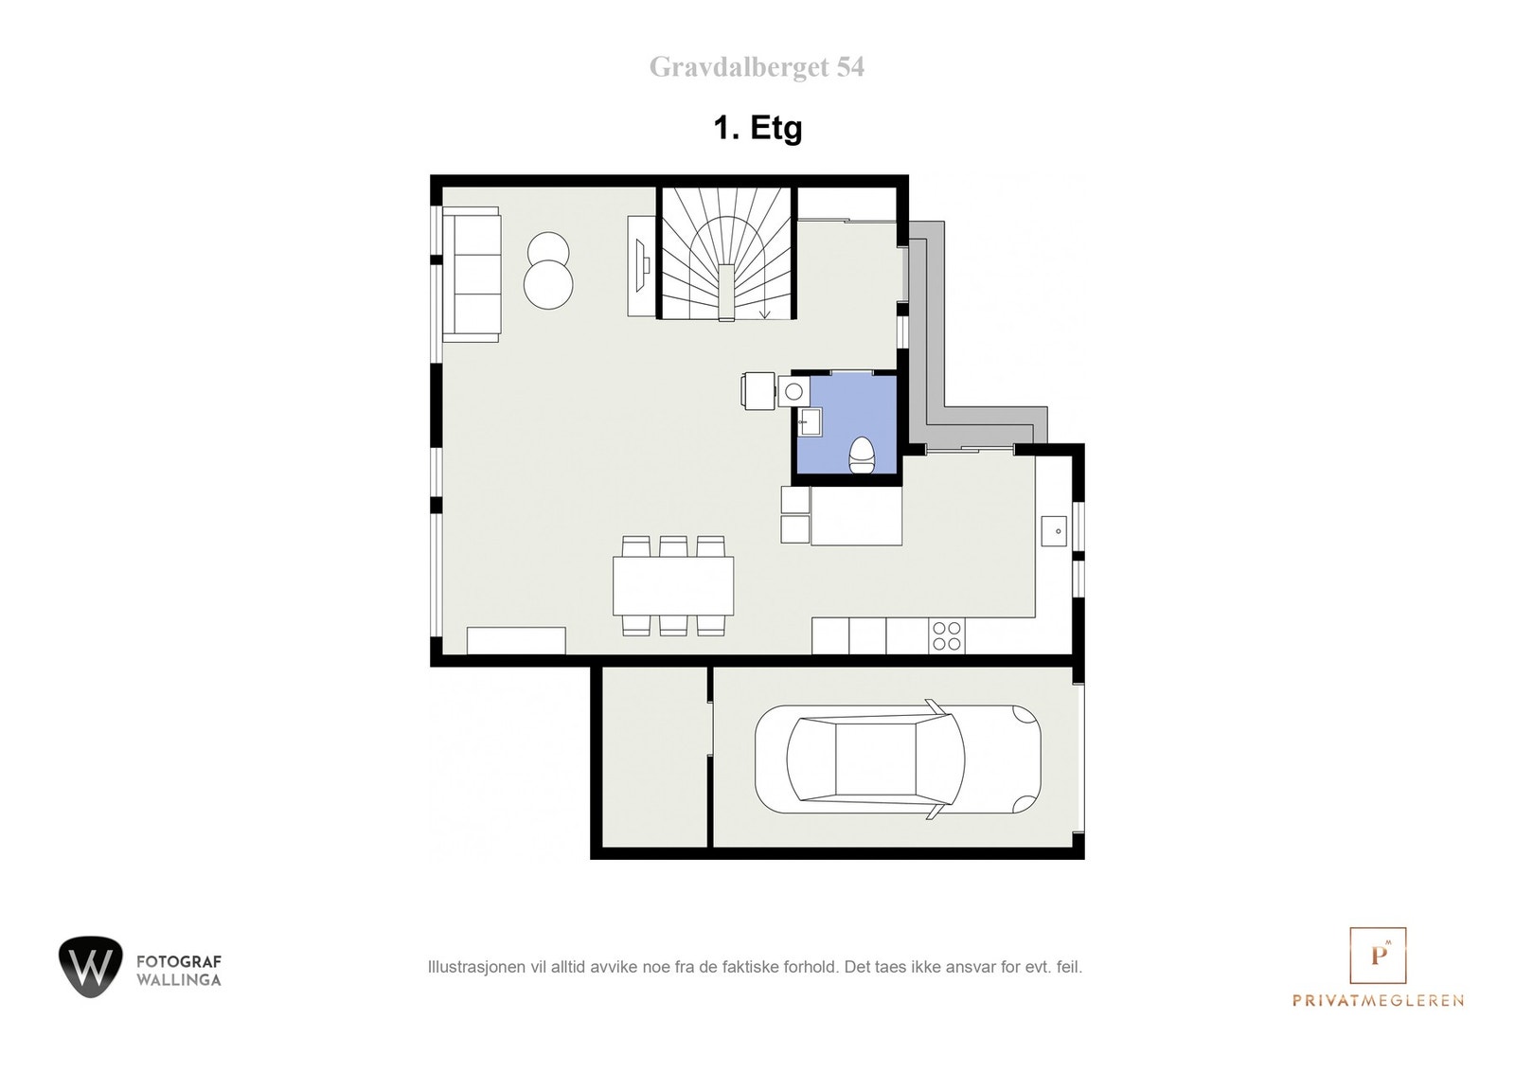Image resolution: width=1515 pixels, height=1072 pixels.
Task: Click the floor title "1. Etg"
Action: click(x=757, y=128)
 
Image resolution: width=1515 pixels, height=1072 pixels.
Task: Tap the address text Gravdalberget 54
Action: click(x=757, y=67)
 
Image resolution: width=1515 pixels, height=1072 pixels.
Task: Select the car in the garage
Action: click(x=897, y=759)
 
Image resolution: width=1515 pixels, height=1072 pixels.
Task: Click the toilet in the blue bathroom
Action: click(x=862, y=455)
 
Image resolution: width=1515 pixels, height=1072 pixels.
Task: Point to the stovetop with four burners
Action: click(x=946, y=635)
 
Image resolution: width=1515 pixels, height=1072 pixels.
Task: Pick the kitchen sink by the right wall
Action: click(x=1053, y=531)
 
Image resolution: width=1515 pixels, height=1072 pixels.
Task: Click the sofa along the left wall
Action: click(x=471, y=275)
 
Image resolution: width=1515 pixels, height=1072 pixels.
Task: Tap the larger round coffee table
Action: click(x=548, y=283)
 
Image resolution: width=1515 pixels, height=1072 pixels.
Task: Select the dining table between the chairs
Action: click(x=673, y=586)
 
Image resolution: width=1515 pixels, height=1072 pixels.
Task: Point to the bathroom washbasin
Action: click(x=810, y=421)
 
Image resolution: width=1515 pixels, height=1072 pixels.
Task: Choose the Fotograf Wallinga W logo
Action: click(x=90, y=967)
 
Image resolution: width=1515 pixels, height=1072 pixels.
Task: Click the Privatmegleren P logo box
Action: click(x=1378, y=956)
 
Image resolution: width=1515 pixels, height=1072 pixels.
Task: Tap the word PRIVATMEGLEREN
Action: click(x=1378, y=1000)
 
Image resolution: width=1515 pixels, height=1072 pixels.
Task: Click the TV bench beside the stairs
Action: click(x=641, y=266)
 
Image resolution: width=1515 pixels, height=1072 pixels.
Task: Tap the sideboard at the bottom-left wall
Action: click(x=516, y=640)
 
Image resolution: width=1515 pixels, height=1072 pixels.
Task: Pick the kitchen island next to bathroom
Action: click(x=856, y=515)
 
